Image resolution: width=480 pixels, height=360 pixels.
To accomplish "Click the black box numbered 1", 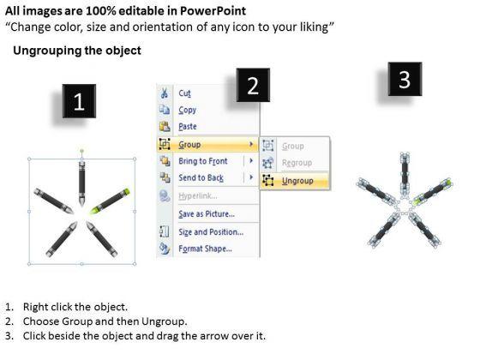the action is click(79, 101).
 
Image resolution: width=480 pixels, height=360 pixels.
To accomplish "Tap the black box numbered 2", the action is click(253, 85).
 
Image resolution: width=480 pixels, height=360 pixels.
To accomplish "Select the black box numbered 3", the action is click(405, 79).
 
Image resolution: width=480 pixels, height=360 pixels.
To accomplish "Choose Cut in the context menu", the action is click(184, 93).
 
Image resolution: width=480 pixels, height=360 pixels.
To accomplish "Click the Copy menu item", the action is click(188, 110).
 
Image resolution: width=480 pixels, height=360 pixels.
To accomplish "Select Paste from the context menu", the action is click(188, 127).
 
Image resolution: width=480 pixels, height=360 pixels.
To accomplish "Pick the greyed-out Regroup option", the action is click(297, 163).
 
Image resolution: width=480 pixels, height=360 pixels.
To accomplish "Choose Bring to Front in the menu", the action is click(203, 161).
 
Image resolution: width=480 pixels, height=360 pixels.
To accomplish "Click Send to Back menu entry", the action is click(201, 178).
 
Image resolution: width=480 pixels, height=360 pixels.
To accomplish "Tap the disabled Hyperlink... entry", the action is click(198, 196).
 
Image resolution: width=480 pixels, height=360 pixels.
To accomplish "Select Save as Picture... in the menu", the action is click(207, 214).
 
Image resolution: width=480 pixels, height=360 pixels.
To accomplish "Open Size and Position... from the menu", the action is click(211, 232).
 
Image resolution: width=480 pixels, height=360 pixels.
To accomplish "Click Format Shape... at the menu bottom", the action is click(205, 249).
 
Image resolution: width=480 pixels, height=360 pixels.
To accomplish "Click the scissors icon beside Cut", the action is click(165, 93).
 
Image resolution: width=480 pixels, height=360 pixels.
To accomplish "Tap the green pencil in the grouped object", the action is click(110, 201).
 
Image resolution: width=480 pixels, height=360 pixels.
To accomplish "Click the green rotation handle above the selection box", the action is click(81, 151).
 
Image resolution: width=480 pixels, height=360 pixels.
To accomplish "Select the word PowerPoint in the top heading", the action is click(213, 11).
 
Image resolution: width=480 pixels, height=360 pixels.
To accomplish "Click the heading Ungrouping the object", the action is click(77, 51).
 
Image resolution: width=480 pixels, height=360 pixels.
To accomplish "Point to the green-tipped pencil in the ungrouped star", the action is click(432, 191).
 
